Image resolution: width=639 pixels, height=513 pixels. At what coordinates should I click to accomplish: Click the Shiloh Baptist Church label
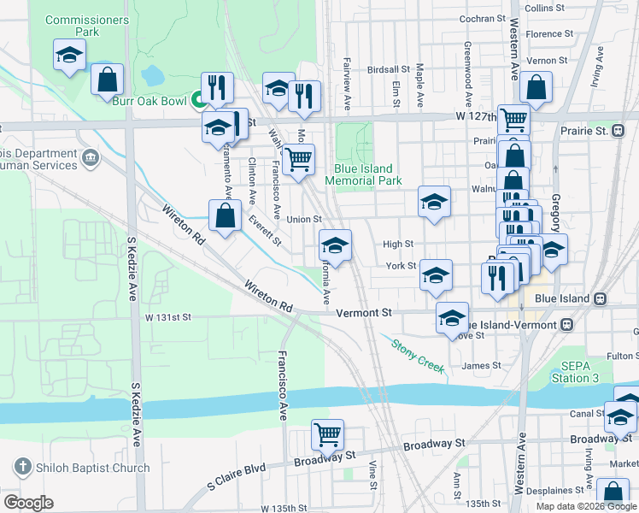pyautogui.click(x=90, y=468)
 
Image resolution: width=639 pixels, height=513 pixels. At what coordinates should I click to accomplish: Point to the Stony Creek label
pyautogui.click(x=418, y=356)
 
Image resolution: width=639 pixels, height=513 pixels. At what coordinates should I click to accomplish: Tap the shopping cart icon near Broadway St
pyautogui.click(x=328, y=434)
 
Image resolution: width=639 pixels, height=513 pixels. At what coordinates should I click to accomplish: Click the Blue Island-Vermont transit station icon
pyautogui.click(x=566, y=326)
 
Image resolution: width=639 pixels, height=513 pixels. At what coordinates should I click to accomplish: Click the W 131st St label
pyautogui.click(x=167, y=317)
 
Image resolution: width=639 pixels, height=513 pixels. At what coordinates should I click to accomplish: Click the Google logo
pyautogui.click(x=28, y=503)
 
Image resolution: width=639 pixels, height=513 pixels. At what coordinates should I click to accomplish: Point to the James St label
pyautogui.click(x=481, y=365)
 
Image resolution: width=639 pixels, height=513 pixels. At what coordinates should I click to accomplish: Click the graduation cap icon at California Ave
pyautogui.click(x=336, y=246)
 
